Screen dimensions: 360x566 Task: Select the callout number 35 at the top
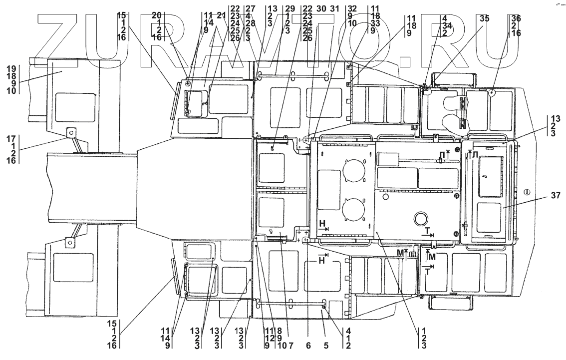[484, 18]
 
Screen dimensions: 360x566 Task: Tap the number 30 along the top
[321, 8]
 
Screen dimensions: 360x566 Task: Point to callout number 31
[334, 8]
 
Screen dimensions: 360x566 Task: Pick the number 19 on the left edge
[12, 66]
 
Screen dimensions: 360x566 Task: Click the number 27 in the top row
[251, 8]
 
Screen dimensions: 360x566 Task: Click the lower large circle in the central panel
[355, 208]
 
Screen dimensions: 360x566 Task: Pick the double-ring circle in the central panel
[419, 218]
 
